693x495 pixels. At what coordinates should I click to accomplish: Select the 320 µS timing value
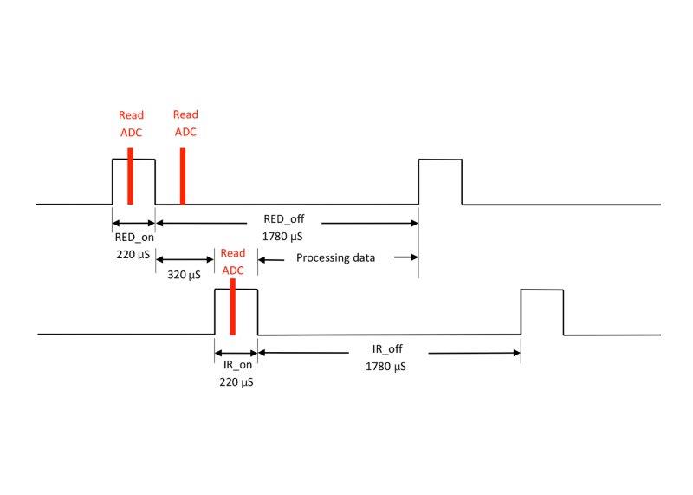coord(183,275)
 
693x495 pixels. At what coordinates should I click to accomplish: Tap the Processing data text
coord(334,257)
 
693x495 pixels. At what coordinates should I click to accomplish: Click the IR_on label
coord(236,365)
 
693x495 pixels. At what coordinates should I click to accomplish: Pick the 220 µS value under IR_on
coord(236,381)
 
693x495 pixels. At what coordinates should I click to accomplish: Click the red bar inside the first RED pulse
coord(130,176)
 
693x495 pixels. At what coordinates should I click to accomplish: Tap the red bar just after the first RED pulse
coord(183,176)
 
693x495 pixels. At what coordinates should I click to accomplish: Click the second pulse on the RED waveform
coord(440,181)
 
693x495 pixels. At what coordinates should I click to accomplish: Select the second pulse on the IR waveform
coord(542,311)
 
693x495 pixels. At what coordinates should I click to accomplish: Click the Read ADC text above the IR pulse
coord(233,261)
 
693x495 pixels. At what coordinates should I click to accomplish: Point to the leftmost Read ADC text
coord(132,123)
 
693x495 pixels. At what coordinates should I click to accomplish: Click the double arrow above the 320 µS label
coord(185,258)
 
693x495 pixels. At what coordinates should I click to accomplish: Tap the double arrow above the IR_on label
coord(236,352)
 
